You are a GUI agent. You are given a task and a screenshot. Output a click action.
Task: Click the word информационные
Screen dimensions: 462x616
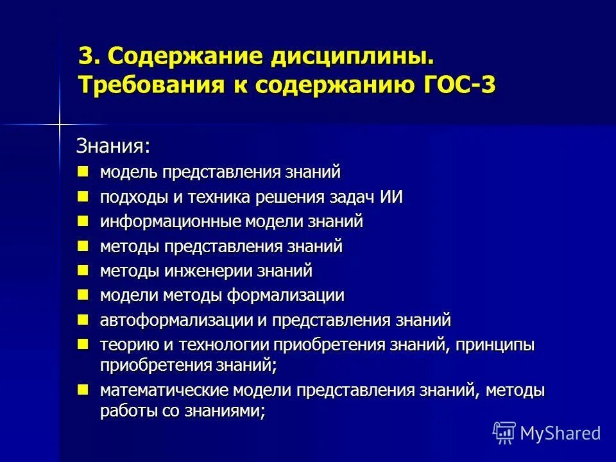point(169,222)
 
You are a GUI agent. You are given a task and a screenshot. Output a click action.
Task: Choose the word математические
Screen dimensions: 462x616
point(164,391)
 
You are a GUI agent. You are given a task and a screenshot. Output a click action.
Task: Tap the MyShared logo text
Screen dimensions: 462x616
point(560,433)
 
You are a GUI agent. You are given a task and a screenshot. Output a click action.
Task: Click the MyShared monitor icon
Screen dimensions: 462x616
point(504,432)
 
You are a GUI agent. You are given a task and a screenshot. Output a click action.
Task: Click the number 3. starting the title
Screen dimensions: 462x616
point(89,56)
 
